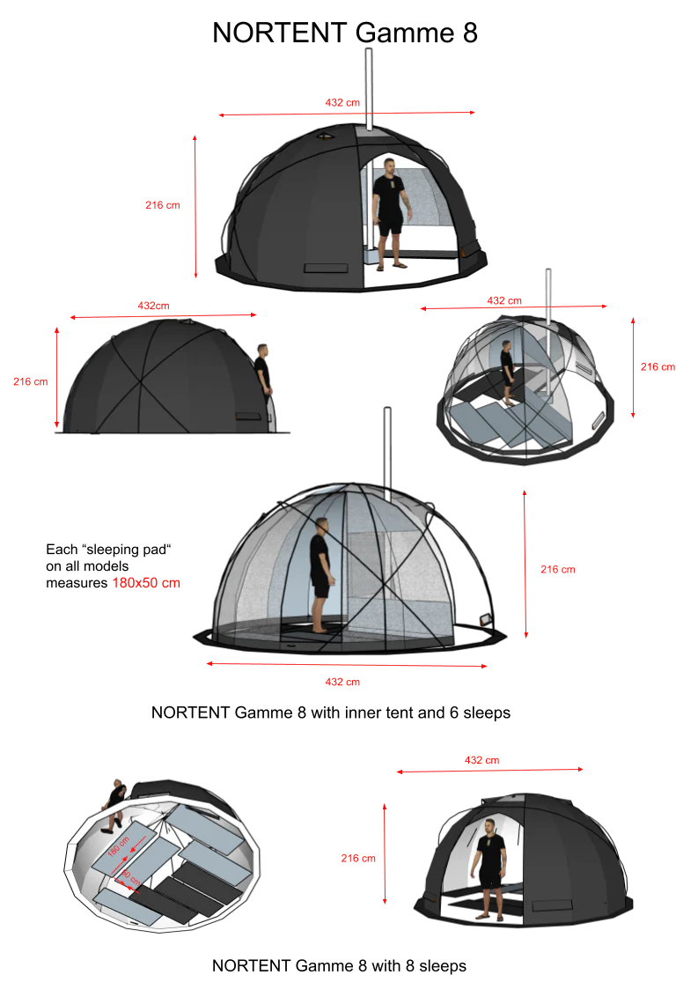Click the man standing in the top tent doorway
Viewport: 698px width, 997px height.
[390, 211]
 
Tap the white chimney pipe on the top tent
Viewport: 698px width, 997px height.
[369, 88]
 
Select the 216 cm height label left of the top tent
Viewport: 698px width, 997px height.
[162, 205]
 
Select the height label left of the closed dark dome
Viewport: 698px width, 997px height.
[30, 381]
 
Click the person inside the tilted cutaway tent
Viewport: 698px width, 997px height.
[507, 370]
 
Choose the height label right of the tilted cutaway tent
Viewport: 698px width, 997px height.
[658, 366]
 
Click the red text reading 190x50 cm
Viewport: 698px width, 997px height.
[147, 583]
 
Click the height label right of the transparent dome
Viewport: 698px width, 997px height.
[556, 570]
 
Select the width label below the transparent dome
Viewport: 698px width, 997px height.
[344, 683]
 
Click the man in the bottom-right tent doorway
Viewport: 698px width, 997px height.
[489, 868]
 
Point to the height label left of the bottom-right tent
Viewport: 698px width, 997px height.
[358, 858]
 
